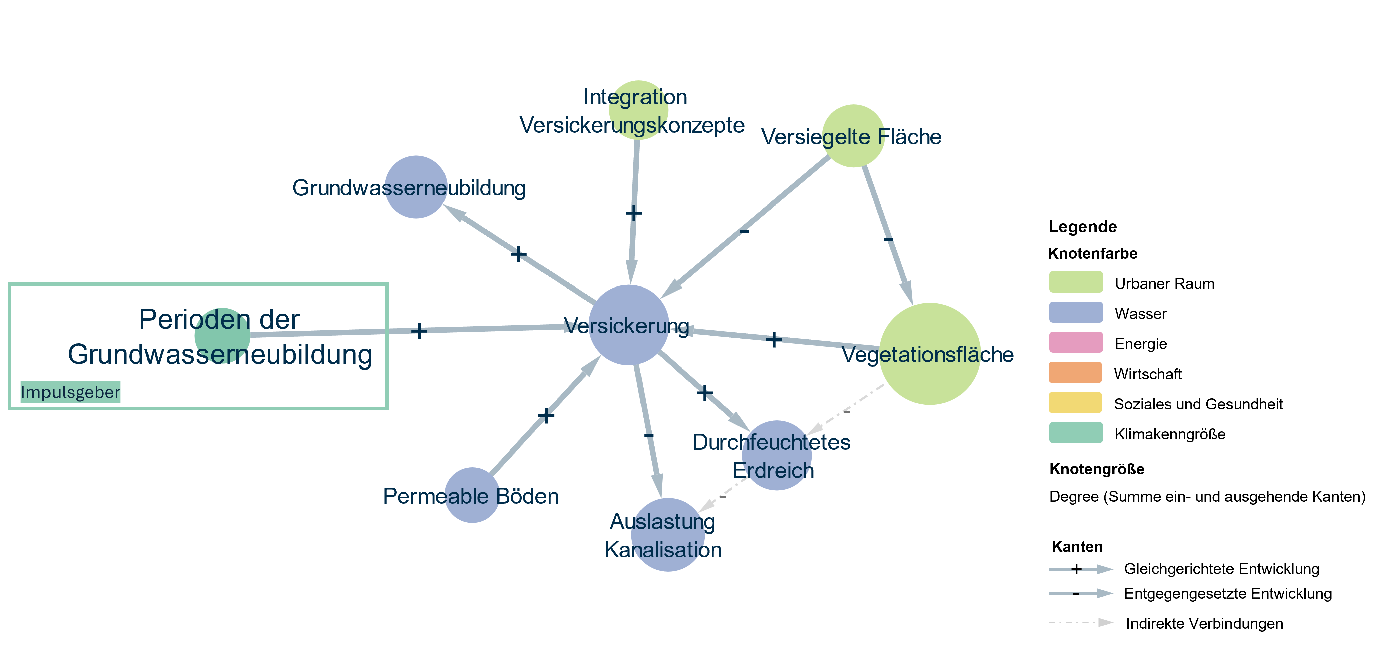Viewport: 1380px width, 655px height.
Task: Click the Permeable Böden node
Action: point(472,495)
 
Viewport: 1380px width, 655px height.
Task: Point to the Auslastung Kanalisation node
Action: point(668,535)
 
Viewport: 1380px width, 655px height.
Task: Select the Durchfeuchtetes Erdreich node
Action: point(776,456)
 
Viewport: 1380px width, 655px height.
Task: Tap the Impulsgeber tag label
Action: point(70,392)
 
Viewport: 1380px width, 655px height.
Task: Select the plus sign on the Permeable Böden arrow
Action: point(546,415)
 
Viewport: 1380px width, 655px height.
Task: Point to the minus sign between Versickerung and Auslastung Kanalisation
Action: point(648,435)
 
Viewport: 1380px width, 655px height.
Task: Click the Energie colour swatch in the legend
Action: point(1076,342)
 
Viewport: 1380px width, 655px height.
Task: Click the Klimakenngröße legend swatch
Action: point(1076,432)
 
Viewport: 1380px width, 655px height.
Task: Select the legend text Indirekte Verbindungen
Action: point(1204,624)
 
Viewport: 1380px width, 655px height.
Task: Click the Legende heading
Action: point(1083,227)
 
